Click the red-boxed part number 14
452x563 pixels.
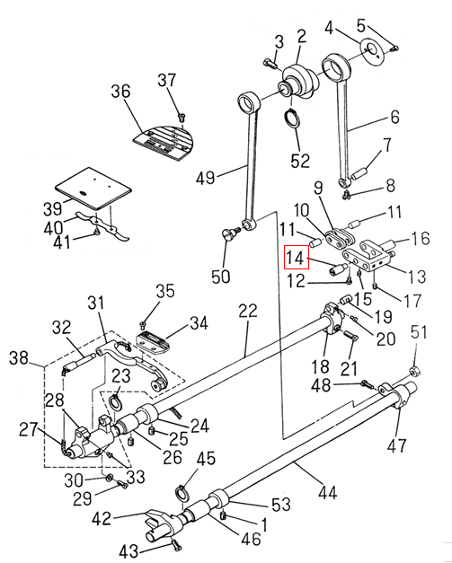[297, 257]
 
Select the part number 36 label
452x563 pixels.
[120, 92]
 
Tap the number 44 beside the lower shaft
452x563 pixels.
[327, 493]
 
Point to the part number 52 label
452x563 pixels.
[300, 161]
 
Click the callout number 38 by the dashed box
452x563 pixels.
[19, 358]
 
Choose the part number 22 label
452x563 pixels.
[248, 311]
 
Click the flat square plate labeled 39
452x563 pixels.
[93, 188]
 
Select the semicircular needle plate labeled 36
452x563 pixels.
[164, 143]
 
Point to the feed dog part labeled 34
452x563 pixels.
[154, 342]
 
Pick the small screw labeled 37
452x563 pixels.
[182, 116]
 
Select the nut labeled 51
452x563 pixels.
[415, 371]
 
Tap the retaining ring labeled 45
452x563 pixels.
[183, 493]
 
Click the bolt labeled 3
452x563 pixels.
[270, 64]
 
